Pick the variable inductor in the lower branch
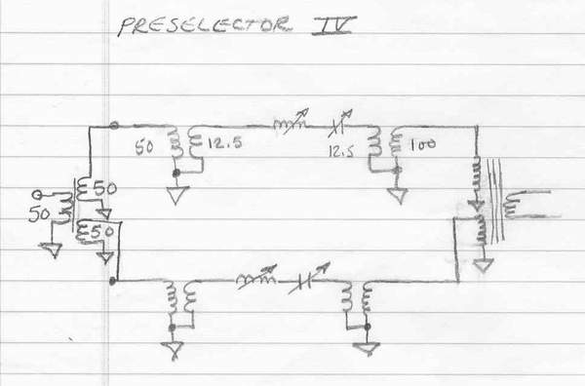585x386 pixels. (x=256, y=279)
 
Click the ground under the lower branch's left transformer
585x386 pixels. (x=174, y=345)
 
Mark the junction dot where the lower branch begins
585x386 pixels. (x=115, y=281)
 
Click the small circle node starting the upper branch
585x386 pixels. (x=114, y=126)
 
